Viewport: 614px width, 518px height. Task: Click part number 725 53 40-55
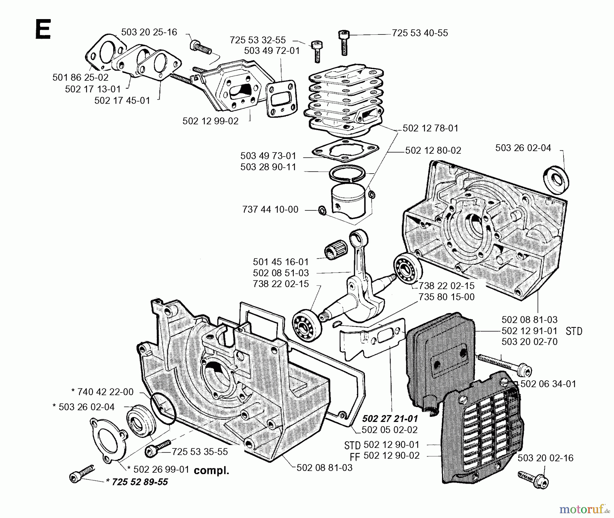point(420,33)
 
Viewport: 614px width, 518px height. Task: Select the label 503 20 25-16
point(149,32)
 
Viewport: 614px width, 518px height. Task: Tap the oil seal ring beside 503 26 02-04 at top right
point(556,179)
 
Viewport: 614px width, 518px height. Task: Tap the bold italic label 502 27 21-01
point(390,418)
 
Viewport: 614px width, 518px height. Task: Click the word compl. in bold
point(211,471)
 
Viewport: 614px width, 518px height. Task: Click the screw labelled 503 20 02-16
point(534,479)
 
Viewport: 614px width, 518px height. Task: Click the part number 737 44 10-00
point(270,209)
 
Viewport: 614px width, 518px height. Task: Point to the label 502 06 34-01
point(548,384)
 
